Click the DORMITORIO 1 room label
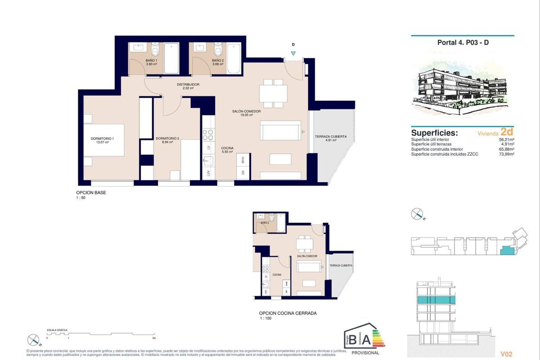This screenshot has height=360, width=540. click(x=102, y=139)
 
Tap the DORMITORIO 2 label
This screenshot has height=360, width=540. click(x=167, y=139)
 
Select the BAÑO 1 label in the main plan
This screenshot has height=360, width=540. click(x=151, y=60)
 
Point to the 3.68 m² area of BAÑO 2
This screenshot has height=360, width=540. click(x=218, y=64)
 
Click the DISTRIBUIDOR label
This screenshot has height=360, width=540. click(x=188, y=84)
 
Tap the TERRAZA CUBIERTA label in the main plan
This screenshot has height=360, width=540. click(x=330, y=136)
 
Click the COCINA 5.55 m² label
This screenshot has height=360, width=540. click(x=227, y=150)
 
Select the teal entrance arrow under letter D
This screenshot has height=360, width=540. click(x=293, y=54)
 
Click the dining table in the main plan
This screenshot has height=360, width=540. click(x=273, y=94)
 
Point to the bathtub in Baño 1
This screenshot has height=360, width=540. click(x=171, y=58)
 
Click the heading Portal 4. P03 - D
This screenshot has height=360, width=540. click(x=463, y=43)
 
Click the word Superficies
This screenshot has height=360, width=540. click(x=434, y=133)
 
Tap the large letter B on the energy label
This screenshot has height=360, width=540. click(x=354, y=338)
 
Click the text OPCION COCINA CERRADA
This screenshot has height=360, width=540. click(x=288, y=313)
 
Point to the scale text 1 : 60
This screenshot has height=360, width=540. click(x=81, y=198)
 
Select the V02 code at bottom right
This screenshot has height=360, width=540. click(x=506, y=354)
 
